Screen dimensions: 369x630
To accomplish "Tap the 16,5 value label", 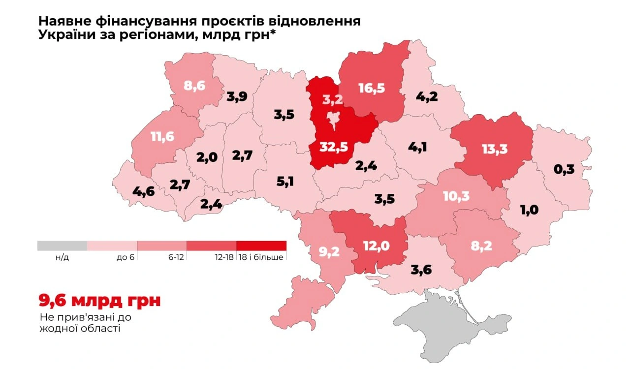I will (x=372, y=88).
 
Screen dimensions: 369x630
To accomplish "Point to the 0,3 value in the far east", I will (x=564, y=170).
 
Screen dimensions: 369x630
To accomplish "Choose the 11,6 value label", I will (x=163, y=136).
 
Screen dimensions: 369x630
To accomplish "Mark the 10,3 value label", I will (x=456, y=196).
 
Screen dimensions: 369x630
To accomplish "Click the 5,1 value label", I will (x=285, y=182).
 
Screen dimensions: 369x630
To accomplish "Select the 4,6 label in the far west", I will (x=144, y=191).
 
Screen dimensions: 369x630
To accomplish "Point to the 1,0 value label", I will (x=529, y=210).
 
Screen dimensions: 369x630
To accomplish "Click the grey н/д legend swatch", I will (x=62, y=246).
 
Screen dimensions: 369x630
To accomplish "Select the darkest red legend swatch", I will (x=261, y=246).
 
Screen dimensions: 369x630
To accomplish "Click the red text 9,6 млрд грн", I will (x=99, y=300).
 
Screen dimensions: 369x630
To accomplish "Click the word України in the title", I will (x=62, y=36).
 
